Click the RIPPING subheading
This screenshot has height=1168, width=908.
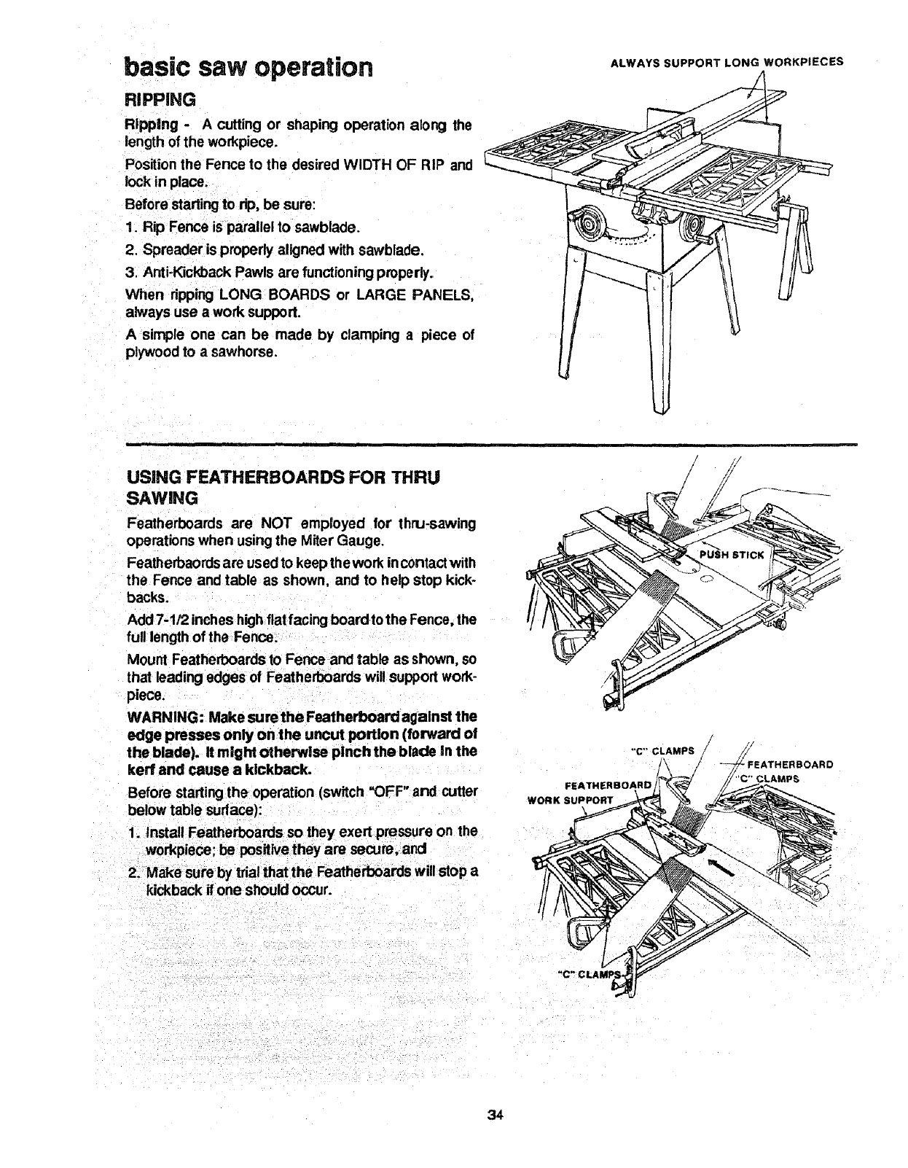click(x=157, y=98)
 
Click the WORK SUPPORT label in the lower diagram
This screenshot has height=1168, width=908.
click(x=571, y=798)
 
